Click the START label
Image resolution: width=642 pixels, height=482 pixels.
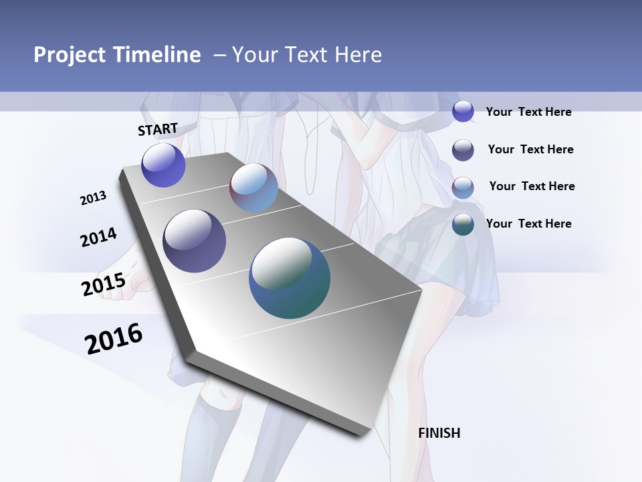click(158, 129)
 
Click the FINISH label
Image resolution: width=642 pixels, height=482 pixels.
click(439, 433)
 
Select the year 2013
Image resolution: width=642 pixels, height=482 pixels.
click(93, 198)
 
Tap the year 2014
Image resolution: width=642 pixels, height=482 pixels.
click(98, 238)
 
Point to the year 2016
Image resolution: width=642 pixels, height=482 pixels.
click(114, 339)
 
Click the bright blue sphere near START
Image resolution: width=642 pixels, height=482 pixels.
click(163, 165)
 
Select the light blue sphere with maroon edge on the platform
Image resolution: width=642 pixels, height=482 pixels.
click(253, 187)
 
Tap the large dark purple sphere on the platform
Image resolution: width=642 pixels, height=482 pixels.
click(194, 241)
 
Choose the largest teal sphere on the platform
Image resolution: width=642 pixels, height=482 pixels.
click(290, 278)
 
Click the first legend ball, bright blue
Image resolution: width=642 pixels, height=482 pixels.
click(463, 111)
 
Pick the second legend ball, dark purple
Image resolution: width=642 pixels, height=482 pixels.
click(463, 149)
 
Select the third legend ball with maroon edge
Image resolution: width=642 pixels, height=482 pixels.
click(463, 187)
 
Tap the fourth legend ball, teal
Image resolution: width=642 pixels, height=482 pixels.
click(463, 224)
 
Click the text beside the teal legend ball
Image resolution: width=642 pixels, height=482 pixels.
click(528, 224)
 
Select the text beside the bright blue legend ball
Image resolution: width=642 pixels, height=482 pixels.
click(528, 112)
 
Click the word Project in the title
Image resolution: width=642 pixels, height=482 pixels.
click(70, 55)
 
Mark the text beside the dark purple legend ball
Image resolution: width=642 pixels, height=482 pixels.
click(530, 149)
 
